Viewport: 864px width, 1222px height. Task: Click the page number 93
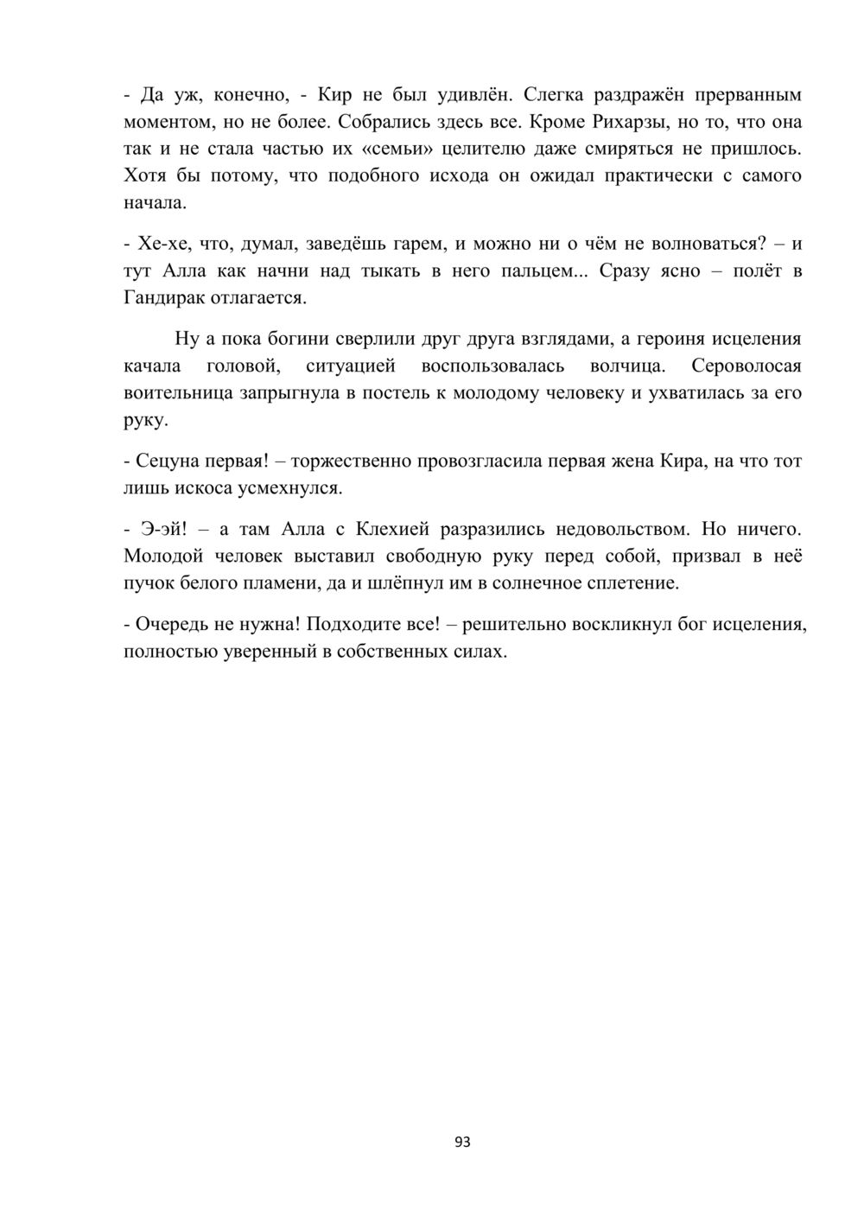click(x=462, y=1142)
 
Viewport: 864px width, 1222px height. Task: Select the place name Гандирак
click(x=167, y=298)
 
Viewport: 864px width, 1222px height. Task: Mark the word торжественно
click(x=356, y=461)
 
